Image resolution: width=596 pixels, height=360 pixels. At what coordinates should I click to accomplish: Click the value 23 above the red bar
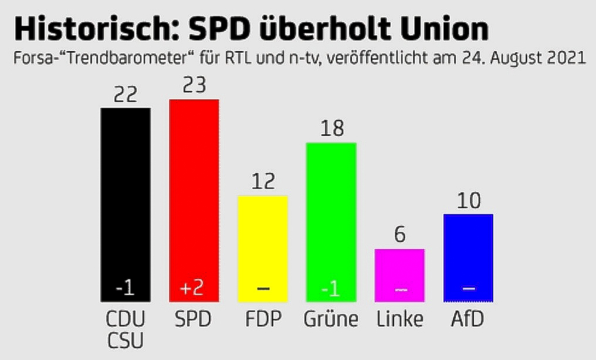pos(194,86)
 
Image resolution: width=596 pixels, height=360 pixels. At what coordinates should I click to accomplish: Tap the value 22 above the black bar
pos(126,94)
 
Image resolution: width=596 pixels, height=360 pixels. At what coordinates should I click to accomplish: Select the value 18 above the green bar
pos(331,129)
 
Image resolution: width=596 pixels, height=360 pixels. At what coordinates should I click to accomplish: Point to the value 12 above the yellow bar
pos(262,182)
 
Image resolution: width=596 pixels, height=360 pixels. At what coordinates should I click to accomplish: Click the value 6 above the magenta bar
pos(399,235)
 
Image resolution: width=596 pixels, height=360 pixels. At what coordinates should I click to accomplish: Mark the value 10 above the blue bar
pos(468,201)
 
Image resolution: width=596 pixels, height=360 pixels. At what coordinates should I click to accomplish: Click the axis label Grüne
pos(331,320)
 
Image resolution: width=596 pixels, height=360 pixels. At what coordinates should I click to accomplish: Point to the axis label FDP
pos(262,320)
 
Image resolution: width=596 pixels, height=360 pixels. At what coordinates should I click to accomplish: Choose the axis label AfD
pos(468,320)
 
